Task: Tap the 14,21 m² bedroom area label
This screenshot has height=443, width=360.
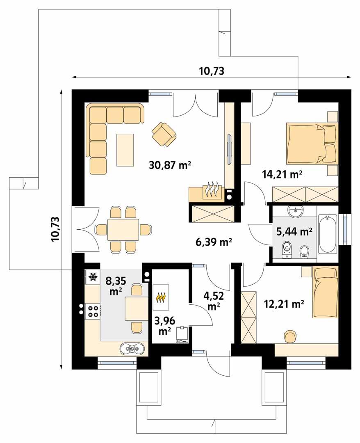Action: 282,175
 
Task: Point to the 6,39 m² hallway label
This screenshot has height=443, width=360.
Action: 214,242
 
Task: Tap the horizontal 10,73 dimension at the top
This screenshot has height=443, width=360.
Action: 212,71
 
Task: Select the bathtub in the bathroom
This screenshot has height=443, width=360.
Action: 328,233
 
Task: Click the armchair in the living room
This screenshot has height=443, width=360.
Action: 164,134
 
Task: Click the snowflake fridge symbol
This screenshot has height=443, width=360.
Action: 93,278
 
